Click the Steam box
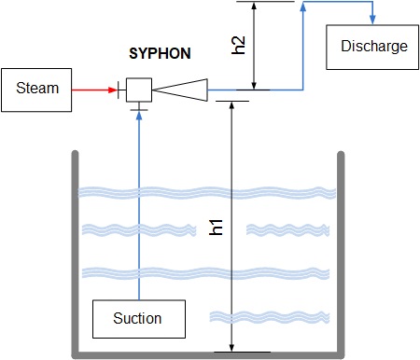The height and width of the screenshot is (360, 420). [36, 90]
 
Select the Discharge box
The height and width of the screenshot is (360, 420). [372, 48]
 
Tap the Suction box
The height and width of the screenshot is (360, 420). [139, 319]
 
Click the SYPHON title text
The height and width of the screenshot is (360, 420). [160, 53]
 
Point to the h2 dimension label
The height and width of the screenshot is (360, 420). [239, 46]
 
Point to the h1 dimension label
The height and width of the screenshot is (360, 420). [216, 228]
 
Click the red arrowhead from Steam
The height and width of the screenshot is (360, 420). [113, 90]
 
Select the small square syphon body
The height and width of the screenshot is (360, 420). [139, 90]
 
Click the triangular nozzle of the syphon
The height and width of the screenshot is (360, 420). [180, 90]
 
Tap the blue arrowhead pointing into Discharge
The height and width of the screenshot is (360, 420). [372, 20]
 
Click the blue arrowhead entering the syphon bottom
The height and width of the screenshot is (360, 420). [139, 116]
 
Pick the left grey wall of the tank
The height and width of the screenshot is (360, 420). [75, 254]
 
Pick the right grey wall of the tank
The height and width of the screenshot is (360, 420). [341, 254]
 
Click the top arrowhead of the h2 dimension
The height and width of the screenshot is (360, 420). [254, 7]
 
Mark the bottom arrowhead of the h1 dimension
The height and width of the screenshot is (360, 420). [231, 348]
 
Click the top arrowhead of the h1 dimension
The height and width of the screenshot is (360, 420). [231, 105]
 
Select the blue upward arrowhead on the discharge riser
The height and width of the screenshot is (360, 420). [303, 7]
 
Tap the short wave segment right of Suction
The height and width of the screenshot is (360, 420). [270, 317]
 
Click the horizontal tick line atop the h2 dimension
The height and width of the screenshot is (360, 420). [265, 2]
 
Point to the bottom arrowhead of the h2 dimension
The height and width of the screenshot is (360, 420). [254, 85]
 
